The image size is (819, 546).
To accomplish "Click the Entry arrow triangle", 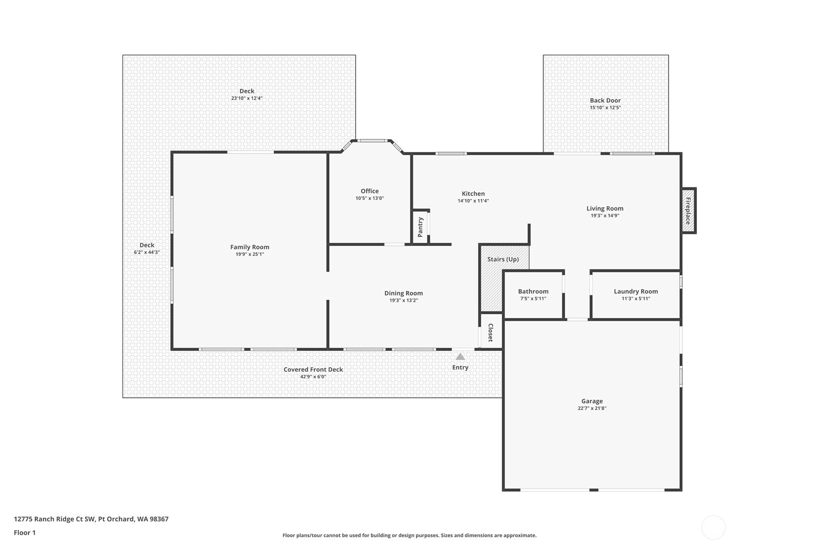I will [460, 357].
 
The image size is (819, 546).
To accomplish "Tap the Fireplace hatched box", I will [688, 210].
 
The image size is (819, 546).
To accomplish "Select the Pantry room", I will [420, 227].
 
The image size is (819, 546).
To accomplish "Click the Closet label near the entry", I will [490, 333].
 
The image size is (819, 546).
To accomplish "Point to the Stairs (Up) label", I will [503, 259].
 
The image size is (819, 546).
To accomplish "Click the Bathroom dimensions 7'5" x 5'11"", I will [533, 299].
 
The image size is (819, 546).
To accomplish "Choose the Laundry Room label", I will [636, 291].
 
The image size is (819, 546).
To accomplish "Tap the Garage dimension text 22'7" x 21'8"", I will [592, 408].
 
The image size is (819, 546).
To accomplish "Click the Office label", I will [370, 191].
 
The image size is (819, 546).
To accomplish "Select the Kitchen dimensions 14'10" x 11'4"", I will [473, 201].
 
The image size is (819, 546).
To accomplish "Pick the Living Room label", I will [605, 209].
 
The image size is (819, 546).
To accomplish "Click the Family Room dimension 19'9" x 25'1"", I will [250, 254].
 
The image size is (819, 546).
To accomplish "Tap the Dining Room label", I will [403, 293].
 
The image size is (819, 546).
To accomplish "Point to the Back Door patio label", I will [605, 100].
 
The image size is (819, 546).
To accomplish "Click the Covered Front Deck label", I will [313, 369].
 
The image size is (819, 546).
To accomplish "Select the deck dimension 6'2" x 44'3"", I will [147, 252].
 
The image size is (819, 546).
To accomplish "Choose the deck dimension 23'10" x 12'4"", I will [247, 98].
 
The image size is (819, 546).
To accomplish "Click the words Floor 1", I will [25, 533].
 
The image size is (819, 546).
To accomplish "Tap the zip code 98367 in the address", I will [159, 519].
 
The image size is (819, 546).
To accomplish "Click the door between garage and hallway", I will [577, 320].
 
